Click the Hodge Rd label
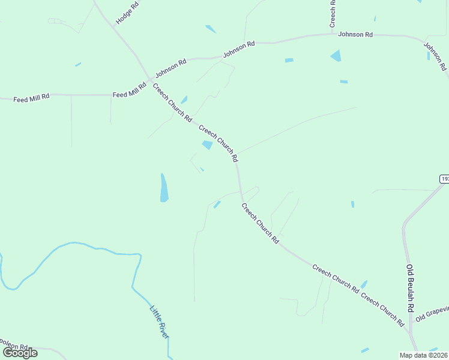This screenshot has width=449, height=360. pos(127,12)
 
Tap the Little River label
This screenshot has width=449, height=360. pos(160,322)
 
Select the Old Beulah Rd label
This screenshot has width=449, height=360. pos(411,287)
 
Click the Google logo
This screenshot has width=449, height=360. pos(20,353)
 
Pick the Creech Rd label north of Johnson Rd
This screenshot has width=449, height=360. pos(332,13)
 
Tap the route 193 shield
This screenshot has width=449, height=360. pos(444,179)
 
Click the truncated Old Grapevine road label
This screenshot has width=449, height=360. pos(432,312)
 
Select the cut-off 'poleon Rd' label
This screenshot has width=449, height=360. pos(14,347)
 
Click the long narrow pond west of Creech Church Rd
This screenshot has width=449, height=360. pos(163,187)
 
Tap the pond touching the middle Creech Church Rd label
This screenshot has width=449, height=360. pos(208,145)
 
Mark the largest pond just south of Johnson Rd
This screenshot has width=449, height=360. pos(336,56)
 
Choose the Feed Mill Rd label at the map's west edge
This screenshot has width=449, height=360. pos(32,96)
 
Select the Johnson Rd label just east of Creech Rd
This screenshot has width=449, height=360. pos(355,34)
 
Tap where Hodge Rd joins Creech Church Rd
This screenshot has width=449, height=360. pos(112,25)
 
